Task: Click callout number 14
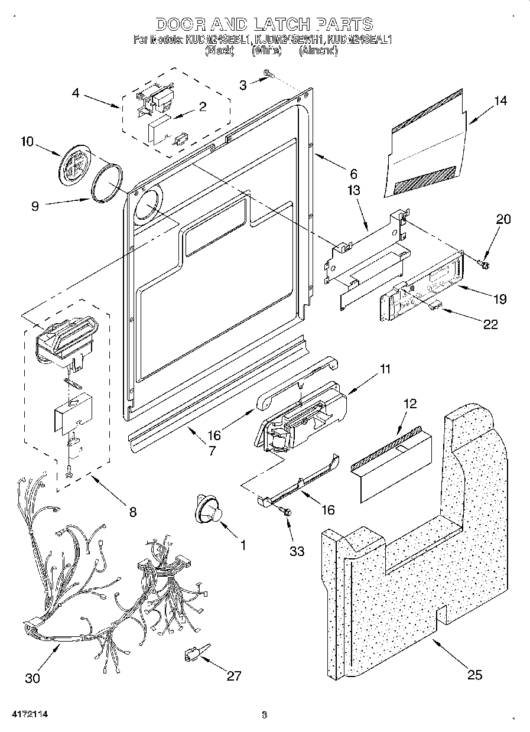pyautogui.click(x=500, y=100)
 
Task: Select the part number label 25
pyautogui.click(x=475, y=675)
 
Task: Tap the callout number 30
pyautogui.click(x=33, y=678)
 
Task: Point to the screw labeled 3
pyautogui.click(x=271, y=74)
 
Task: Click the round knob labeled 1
pyautogui.click(x=208, y=510)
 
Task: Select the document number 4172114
pyautogui.click(x=24, y=715)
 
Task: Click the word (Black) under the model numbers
pyautogui.click(x=220, y=51)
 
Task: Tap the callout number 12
pyautogui.click(x=409, y=404)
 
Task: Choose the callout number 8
pyautogui.click(x=132, y=512)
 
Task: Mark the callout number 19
pyautogui.click(x=500, y=299)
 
